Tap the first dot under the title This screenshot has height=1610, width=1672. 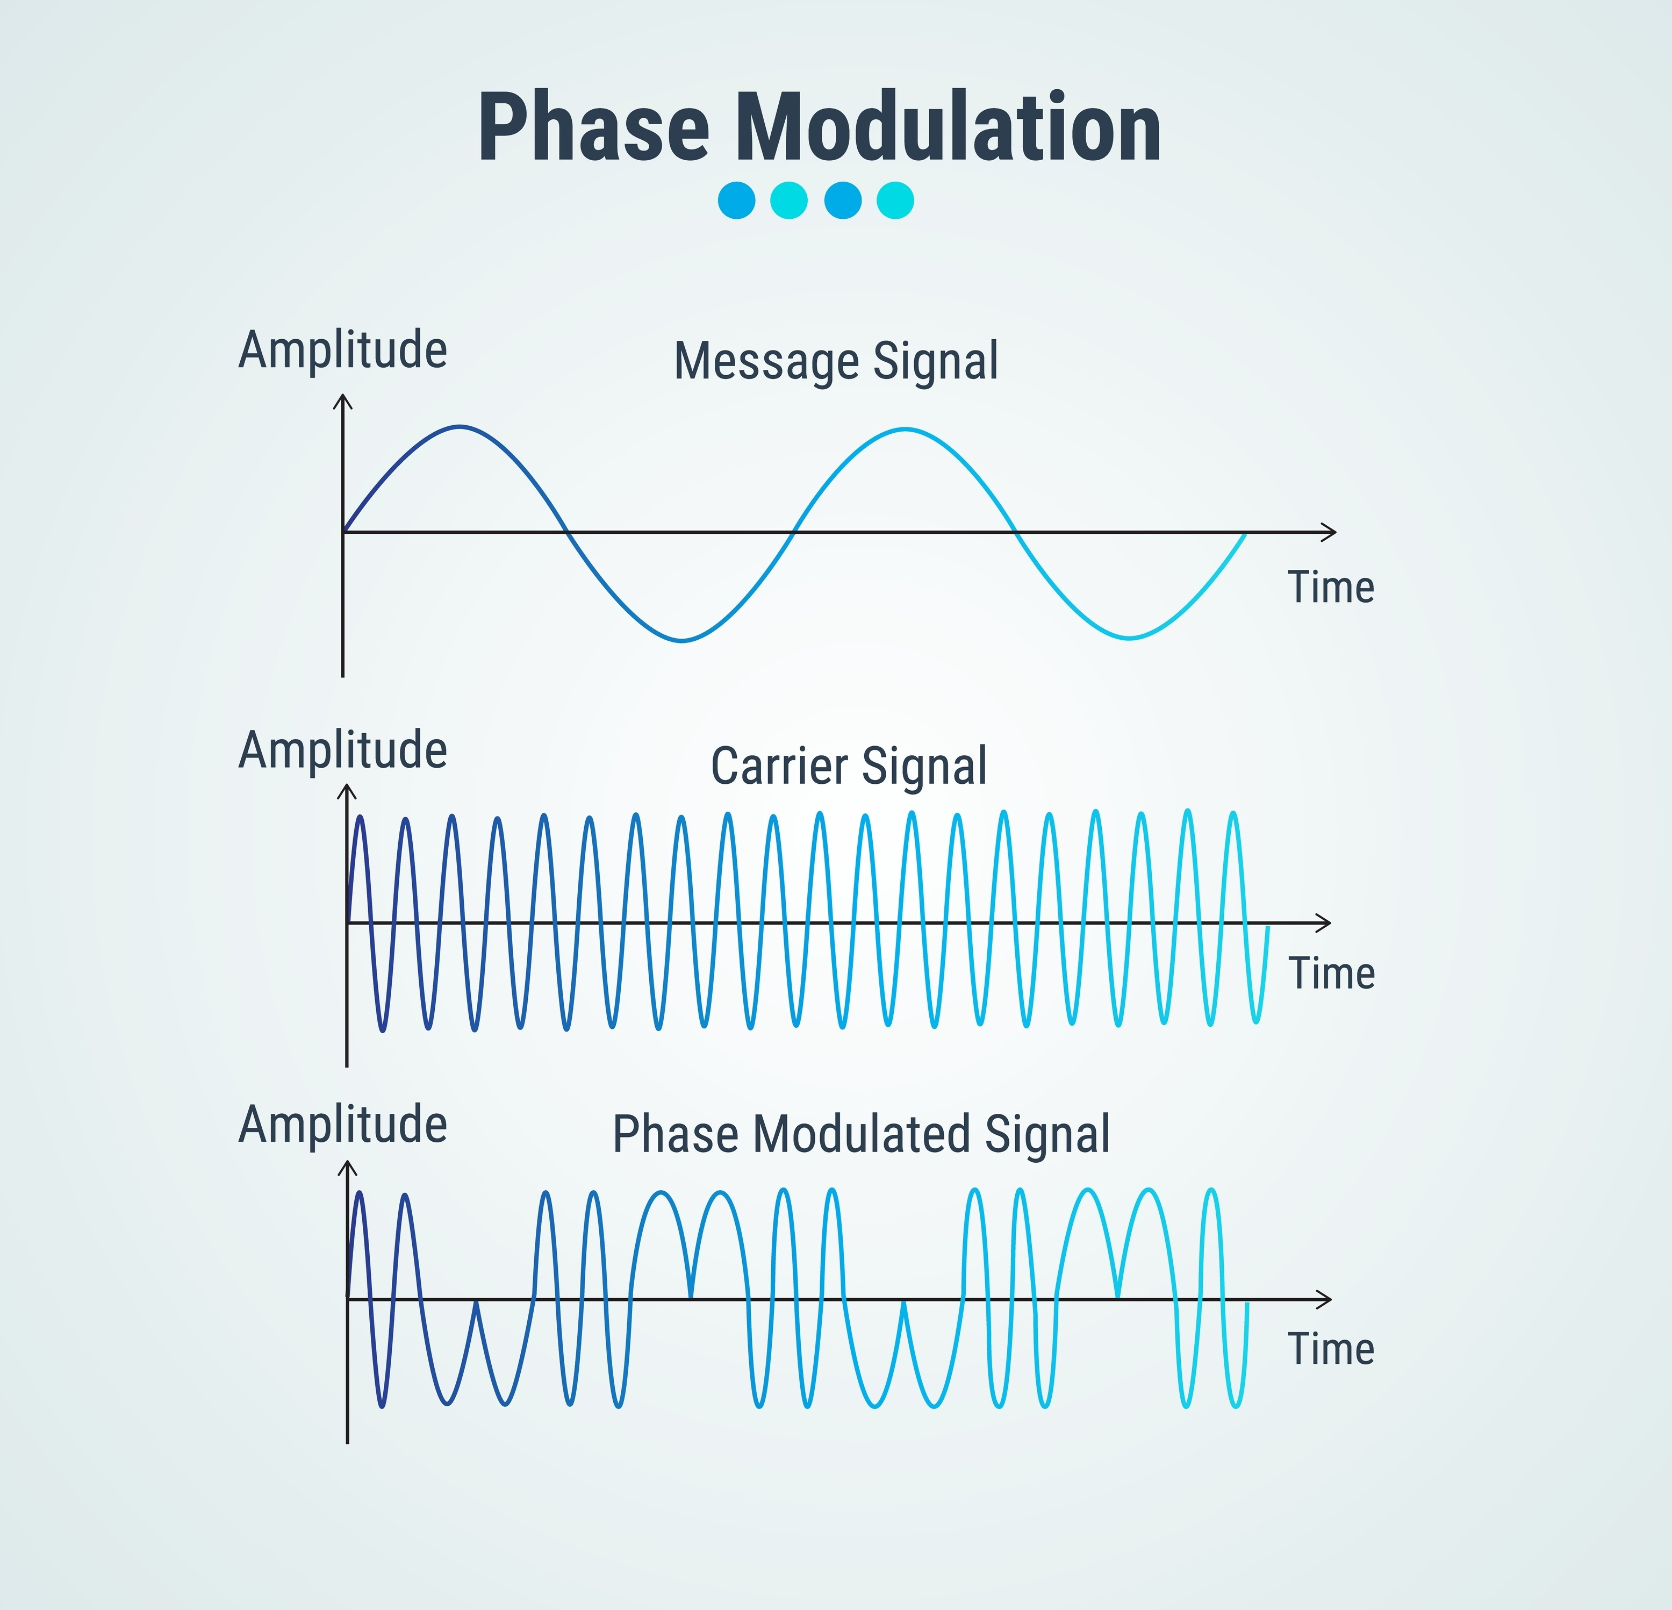tap(736, 201)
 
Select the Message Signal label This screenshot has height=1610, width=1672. tap(836, 360)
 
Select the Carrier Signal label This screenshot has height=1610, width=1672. tap(849, 765)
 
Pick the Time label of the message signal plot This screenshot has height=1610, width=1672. tap(1331, 587)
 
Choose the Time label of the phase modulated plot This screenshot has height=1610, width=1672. tap(1331, 1348)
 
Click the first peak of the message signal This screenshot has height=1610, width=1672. tap(460, 427)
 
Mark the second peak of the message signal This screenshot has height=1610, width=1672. tap(905, 429)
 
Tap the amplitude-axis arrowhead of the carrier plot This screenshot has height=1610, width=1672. tap(346, 792)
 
